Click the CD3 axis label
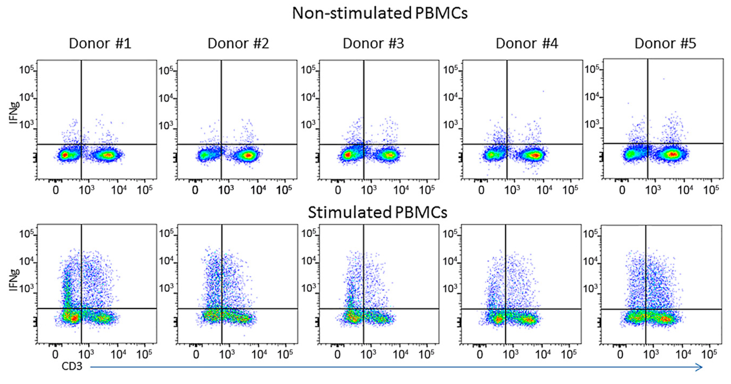click(x=72, y=366)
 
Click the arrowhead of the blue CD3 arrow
click(x=700, y=367)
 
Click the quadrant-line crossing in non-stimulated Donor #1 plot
click(x=82, y=144)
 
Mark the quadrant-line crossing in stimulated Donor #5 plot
click(x=646, y=309)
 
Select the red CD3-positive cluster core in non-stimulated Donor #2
click(x=248, y=155)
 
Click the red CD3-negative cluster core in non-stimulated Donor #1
click(x=65, y=155)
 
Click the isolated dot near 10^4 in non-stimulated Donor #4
click(x=543, y=91)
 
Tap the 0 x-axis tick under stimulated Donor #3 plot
click(x=337, y=355)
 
